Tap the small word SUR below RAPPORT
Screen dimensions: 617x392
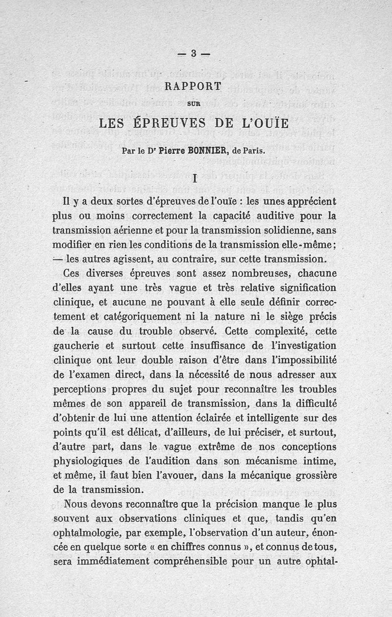[194, 103]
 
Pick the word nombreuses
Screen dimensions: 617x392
[238, 273]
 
